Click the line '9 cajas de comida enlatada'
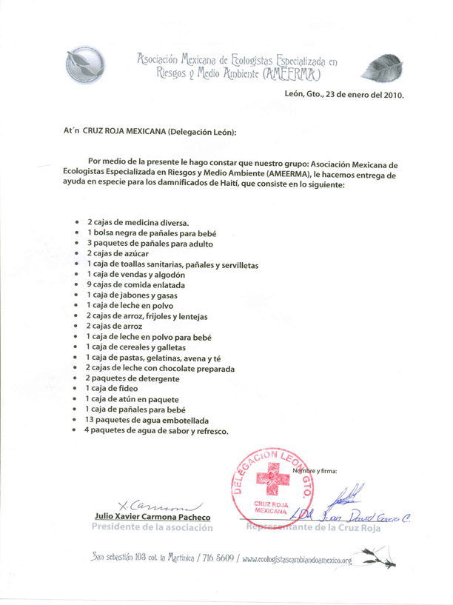pyautogui.click(x=135, y=284)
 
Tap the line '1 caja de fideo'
pyautogui.click(x=113, y=388)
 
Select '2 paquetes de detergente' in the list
pyautogui.click(x=132, y=378)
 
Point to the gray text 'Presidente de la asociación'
pyautogui.click(x=152, y=527)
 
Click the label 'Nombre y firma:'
pyautogui.click(x=315, y=470)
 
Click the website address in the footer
pyautogui.click(x=296, y=560)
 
